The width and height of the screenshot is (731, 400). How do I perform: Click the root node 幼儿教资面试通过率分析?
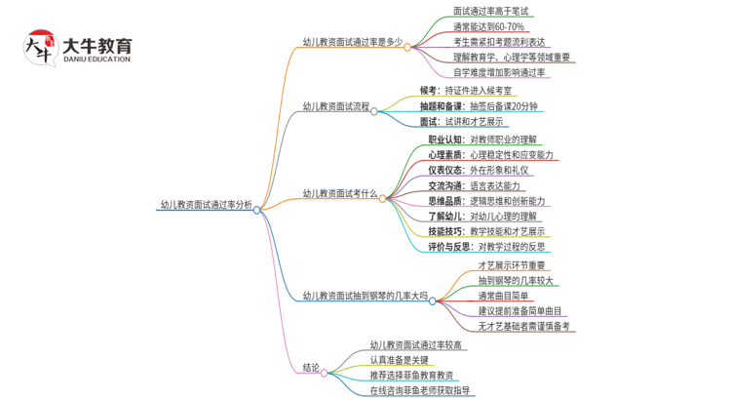(206, 205)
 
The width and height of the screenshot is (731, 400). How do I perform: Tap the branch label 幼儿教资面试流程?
(335, 106)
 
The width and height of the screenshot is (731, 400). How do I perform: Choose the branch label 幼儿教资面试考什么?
(339, 194)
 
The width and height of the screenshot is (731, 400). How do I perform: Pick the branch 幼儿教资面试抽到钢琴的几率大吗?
(365, 296)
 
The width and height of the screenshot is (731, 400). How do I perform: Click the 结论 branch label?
(311, 368)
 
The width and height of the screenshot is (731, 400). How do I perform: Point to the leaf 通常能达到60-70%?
(488, 27)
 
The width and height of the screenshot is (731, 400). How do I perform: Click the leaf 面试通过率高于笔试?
(491, 12)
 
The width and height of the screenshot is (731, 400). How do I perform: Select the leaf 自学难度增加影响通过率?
(501, 72)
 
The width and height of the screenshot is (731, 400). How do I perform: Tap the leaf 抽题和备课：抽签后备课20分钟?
(479, 106)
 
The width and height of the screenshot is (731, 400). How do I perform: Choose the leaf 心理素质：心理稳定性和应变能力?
(490, 155)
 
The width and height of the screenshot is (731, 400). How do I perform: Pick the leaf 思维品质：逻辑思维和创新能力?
(486, 201)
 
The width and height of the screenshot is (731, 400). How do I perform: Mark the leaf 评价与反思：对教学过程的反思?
(486, 247)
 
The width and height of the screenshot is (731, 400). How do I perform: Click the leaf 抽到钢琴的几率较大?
(516, 281)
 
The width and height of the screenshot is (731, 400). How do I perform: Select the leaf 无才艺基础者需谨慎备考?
(523, 326)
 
